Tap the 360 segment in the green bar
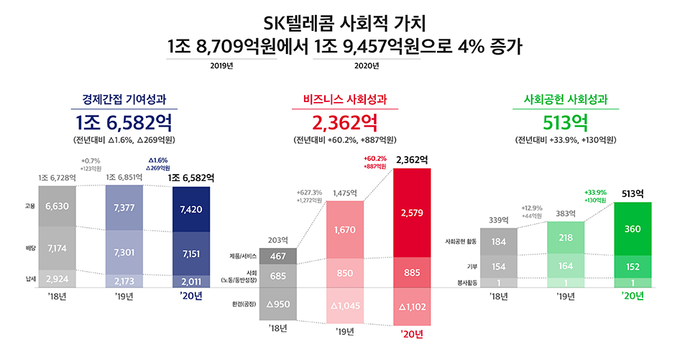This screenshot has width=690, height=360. (632, 229)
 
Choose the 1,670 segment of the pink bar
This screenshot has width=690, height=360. (346, 230)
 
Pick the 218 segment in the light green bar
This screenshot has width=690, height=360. (566, 237)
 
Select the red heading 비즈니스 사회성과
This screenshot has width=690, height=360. (344, 98)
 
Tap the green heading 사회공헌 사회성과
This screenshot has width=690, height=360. (565, 98)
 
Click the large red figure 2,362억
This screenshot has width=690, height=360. (344, 120)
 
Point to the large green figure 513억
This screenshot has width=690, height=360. (565, 120)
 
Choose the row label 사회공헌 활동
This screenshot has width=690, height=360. (459, 241)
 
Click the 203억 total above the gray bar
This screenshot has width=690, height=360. (278, 240)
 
